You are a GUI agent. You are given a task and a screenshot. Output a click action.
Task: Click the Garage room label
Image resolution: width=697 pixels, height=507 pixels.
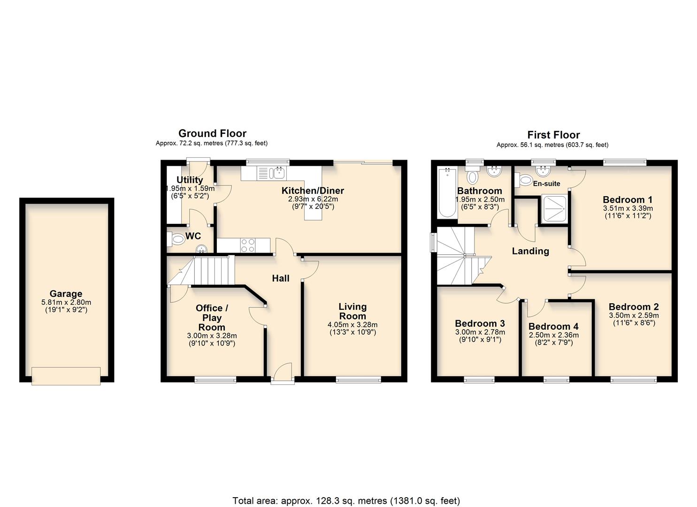tap(66, 294)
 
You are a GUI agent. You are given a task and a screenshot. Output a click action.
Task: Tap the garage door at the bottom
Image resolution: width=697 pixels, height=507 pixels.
tap(66, 376)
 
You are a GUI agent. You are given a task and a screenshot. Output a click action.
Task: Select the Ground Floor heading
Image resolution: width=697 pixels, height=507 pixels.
tap(212, 134)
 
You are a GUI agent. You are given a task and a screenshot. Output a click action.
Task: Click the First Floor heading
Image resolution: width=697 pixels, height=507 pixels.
tap(553, 135)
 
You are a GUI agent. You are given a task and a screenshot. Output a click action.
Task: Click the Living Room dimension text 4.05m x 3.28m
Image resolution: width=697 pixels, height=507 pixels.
tap(352, 324)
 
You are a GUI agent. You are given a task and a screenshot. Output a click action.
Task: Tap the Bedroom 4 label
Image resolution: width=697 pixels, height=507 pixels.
tap(553, 327)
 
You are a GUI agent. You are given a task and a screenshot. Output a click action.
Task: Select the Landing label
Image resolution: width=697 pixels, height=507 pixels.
tap(530, 251)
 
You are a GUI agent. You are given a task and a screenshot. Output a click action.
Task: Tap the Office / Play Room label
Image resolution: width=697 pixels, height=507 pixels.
tap(212, 317)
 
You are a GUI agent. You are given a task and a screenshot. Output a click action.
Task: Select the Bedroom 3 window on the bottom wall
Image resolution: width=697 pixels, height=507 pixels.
tap(479, 379)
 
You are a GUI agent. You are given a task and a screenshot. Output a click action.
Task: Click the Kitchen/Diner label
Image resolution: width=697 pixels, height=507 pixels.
tap(313, 191)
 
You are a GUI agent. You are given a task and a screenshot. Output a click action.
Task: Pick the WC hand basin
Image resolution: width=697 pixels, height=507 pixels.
tap(201, 248)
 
